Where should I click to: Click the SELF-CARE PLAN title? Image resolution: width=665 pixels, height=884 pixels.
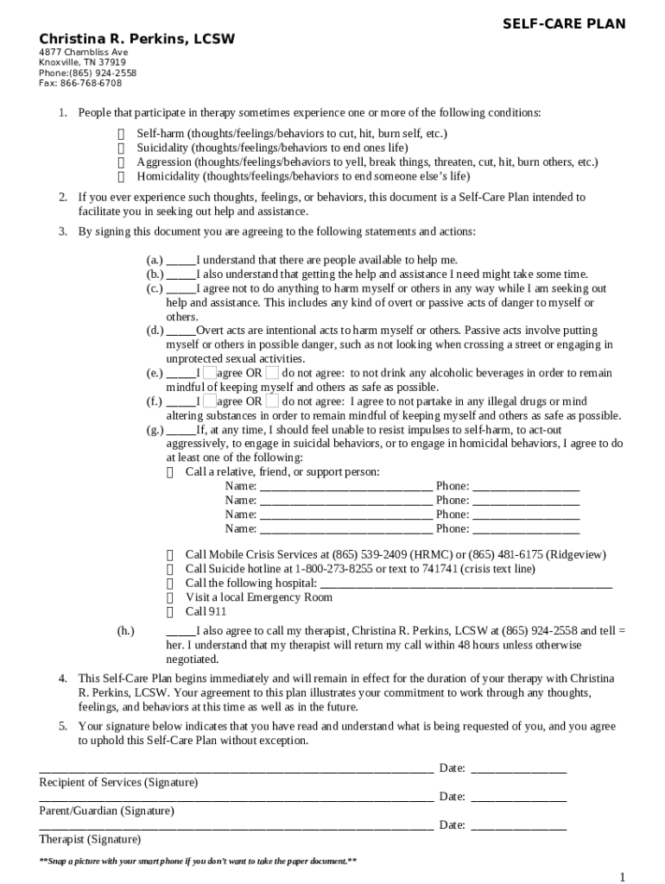coord(564,23)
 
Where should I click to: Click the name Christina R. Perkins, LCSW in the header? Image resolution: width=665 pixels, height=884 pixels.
coord(136,40)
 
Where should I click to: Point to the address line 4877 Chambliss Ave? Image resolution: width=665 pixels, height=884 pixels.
coord(83,53)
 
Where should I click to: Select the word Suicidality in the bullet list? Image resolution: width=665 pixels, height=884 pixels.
coord(162,148)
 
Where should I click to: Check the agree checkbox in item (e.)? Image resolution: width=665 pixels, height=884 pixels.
coord(209,373)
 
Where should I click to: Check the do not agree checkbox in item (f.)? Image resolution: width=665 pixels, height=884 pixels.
coord(272,401)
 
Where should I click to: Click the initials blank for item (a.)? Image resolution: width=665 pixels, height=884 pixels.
coord(180,260)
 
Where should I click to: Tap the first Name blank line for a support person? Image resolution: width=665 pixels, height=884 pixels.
coord(345,487)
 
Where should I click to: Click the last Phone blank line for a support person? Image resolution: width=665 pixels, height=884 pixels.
coord(526,528)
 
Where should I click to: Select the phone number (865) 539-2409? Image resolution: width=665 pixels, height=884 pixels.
coord(366,554)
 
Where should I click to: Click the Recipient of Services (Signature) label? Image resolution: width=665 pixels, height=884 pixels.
coord(118,782)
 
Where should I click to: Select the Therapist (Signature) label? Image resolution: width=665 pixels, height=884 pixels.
coord(90,839)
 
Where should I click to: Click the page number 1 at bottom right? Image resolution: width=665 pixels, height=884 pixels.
coord(622,877)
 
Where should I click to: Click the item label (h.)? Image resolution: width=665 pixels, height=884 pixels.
coord(125,631)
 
